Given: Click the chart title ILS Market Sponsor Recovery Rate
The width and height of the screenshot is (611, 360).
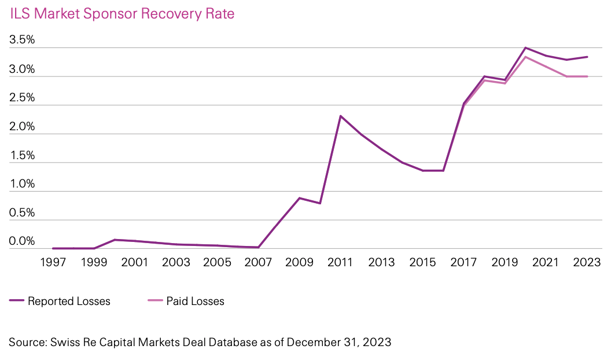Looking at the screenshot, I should pos(122,14).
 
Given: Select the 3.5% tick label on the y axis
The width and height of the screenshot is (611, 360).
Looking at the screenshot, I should pos(22,41).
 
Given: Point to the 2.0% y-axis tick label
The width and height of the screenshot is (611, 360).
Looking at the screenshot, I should pos(22,127).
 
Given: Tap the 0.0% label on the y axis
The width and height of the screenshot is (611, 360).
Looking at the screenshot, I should pos(22,241).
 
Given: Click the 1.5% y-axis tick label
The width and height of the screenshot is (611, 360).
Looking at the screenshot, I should pos(22,156).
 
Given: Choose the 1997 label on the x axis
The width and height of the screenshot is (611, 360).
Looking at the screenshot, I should pos(52,262).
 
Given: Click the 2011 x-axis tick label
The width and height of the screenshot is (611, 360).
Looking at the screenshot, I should pos(340,262).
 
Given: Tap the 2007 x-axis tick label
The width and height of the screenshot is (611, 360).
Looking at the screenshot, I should pos(258,262).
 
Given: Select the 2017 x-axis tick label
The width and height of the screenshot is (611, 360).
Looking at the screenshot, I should pos(464,262).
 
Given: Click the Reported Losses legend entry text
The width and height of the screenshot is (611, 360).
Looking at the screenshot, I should pos(69,301).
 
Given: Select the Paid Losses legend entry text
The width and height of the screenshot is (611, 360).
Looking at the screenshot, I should pos(195,301).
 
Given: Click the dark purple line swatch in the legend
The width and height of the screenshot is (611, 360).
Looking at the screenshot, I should pos(16,301).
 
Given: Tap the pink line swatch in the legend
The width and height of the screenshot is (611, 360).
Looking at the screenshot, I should pos(154,301).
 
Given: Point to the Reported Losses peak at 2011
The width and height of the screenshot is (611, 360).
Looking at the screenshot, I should pos(340,116).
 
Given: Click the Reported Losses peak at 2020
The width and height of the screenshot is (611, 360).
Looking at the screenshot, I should pos(525,47).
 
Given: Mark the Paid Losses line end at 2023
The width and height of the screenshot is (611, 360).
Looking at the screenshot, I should pos(587,76).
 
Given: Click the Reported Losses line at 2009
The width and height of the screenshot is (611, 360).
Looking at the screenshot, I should pos(299,198).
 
